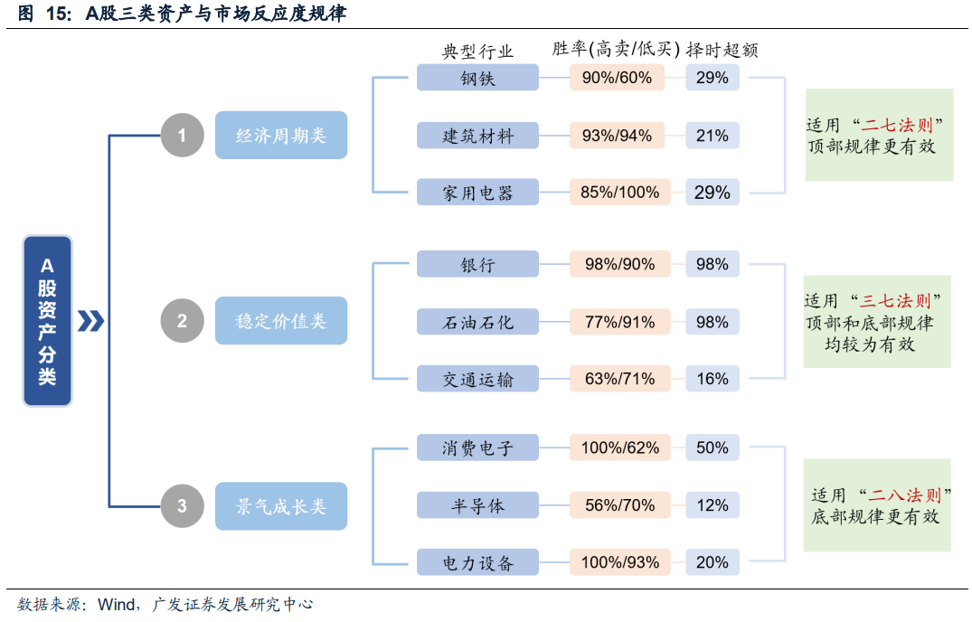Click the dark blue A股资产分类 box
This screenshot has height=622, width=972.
(47, 320)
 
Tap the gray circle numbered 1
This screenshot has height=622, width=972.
(182, 136)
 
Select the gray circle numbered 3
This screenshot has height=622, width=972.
(182, 505)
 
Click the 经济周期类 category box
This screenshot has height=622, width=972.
(281, 136)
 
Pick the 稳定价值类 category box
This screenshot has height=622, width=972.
(281, 320)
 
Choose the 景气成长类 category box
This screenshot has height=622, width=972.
(281, 505)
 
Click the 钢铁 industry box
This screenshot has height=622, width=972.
(477, 78)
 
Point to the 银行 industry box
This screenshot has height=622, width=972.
(477, 264)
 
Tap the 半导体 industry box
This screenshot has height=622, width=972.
(477, 505)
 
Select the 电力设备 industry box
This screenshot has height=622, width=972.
(477, 562)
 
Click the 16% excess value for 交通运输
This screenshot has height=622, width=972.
(712, 379)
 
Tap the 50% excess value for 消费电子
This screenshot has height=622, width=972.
(712, 448)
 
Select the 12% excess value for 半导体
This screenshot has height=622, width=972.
(712, 505)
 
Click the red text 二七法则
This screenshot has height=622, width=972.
(896, 124)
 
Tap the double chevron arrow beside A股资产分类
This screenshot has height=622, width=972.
(90, 321)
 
